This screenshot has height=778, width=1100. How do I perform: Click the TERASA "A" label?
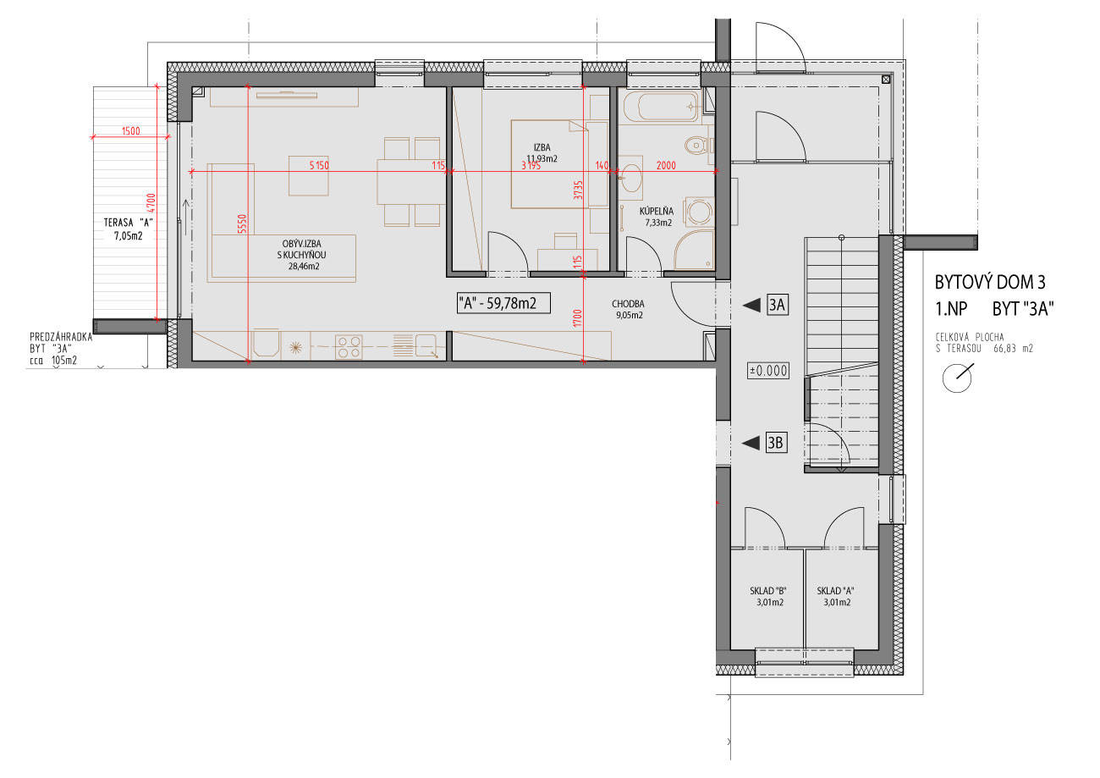pos(128,223)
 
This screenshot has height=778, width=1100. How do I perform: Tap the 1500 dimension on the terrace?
pos(130,131)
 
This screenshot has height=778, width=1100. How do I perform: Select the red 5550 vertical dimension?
pos(242,224)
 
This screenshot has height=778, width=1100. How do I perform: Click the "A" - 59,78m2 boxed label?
pos(503,303)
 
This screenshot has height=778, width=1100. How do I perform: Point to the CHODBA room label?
pos(628,304)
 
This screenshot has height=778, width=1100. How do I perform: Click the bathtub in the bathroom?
pos(661,107)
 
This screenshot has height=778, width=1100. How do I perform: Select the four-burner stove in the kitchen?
pos(349,347)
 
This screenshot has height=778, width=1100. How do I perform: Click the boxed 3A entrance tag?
pos(777,305)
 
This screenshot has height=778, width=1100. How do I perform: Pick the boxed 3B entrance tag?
pos(776,443)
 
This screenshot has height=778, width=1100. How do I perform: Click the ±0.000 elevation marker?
pos(768,370)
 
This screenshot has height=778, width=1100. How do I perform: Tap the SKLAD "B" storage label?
pos(768,591)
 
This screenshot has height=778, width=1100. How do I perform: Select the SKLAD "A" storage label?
pos(835,591)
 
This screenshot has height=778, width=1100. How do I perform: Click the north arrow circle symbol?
pos(957,378)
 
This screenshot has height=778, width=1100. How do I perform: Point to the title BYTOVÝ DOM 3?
pos(990,283)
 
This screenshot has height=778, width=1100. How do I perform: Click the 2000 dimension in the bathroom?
pos(666,166)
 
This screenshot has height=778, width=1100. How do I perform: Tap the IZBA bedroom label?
pos(542,147)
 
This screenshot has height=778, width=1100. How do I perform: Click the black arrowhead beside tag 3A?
pos(751,305)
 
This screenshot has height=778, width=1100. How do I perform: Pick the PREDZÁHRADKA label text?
pos(61,337)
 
